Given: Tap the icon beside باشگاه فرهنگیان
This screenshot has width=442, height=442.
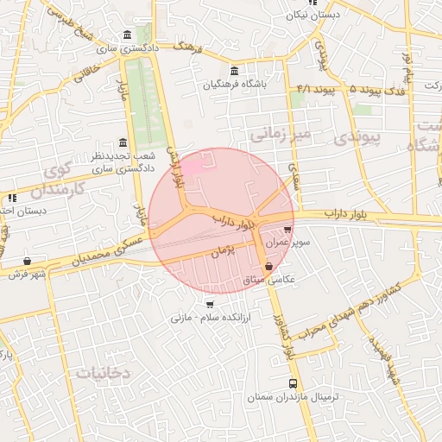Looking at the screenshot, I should [235, 71].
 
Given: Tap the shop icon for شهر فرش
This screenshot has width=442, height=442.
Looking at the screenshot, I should [28, 260].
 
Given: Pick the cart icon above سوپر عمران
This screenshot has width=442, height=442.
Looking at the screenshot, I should [287, 230].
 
